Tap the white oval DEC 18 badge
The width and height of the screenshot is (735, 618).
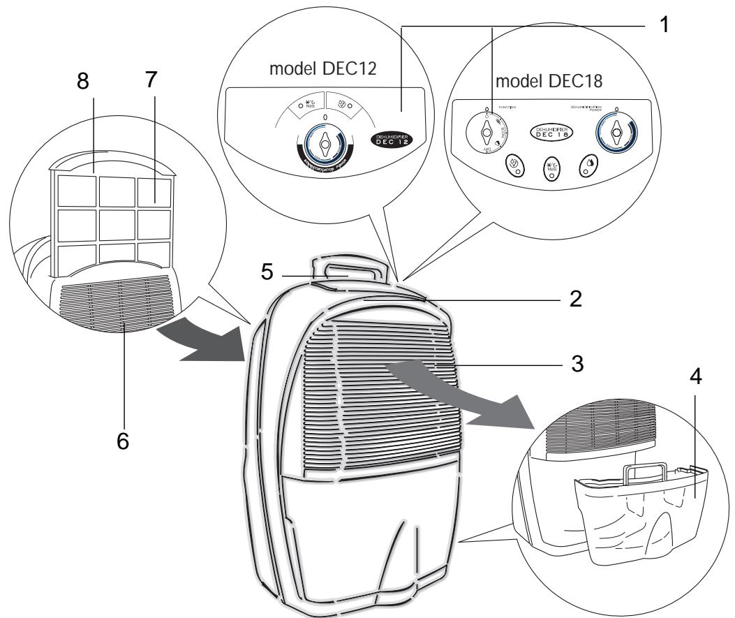(551, 133)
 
